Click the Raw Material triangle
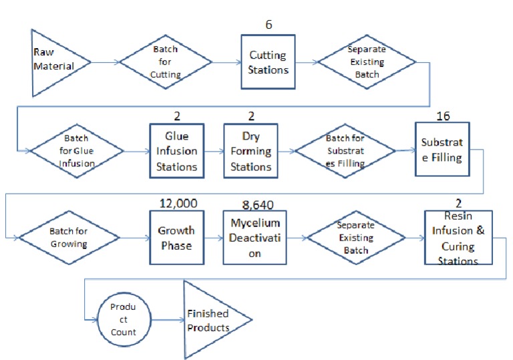(53, 62)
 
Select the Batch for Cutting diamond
(166, 64)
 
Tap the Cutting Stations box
(269, 62)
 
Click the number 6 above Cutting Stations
(269, 25)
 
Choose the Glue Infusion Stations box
(176, 151)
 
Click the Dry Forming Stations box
(250, 151)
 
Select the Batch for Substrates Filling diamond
(345, 150)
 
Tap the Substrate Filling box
(442, 149)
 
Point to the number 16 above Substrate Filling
(442, 116)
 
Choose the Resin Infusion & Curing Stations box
(458, 238)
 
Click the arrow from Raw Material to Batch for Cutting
(105, 63)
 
